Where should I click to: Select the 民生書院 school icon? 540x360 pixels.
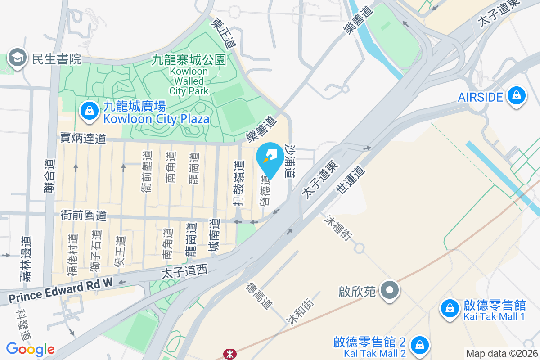[x=17, y=58]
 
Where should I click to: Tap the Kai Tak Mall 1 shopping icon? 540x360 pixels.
[x=449, y=309]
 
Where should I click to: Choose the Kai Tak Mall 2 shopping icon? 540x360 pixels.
[x=419, y=345]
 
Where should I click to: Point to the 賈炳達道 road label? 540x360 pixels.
[x=83, y=138]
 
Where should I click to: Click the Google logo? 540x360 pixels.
[x=30, y=349]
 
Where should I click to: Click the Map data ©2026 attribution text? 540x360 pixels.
[x=502, y=354]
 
